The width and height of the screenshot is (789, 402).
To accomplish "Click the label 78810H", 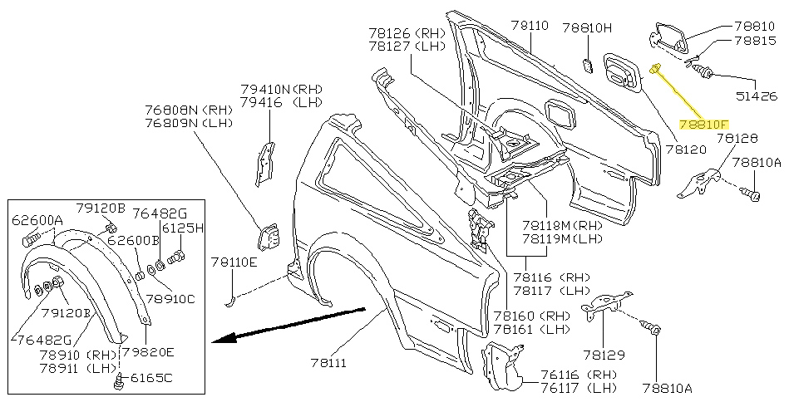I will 587,27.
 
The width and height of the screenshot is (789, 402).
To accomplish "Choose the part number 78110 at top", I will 530,26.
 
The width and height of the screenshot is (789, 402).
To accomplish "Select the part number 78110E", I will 234,262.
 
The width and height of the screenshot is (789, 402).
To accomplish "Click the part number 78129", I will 604,355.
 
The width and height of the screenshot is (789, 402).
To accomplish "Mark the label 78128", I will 737,139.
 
